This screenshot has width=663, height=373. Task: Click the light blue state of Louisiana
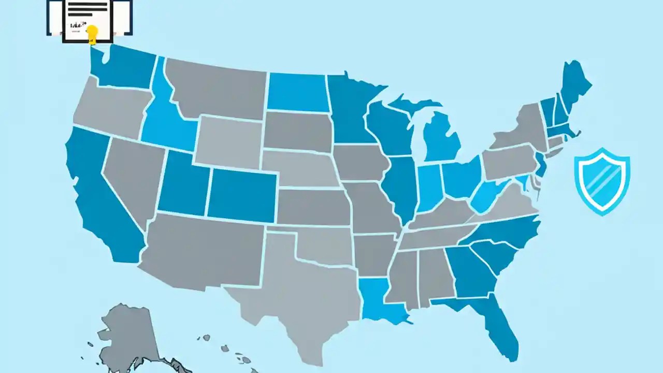point(381,300)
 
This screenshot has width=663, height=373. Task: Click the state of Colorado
point(242,194)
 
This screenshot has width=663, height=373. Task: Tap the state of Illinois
point(400,187)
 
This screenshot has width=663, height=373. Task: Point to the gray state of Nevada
point(132,176)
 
